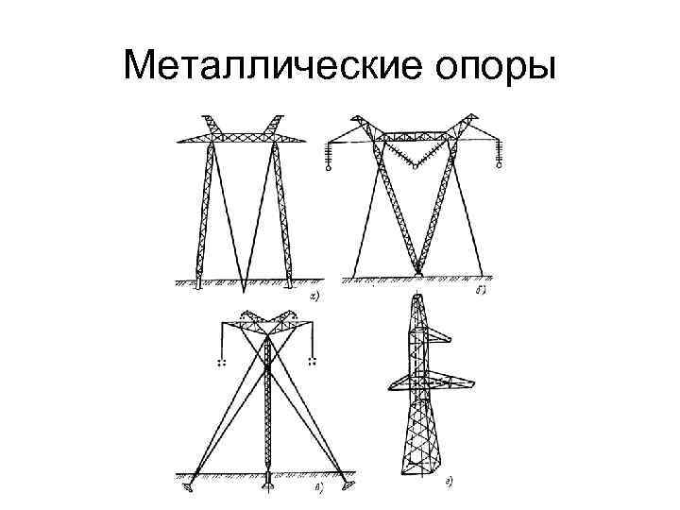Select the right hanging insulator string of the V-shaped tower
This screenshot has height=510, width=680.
499,155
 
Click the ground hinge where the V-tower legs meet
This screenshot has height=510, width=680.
416,273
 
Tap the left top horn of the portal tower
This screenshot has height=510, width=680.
207,121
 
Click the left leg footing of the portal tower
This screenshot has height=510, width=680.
197,280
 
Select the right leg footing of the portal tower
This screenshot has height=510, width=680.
287,280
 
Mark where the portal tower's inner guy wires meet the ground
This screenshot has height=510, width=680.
243,285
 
